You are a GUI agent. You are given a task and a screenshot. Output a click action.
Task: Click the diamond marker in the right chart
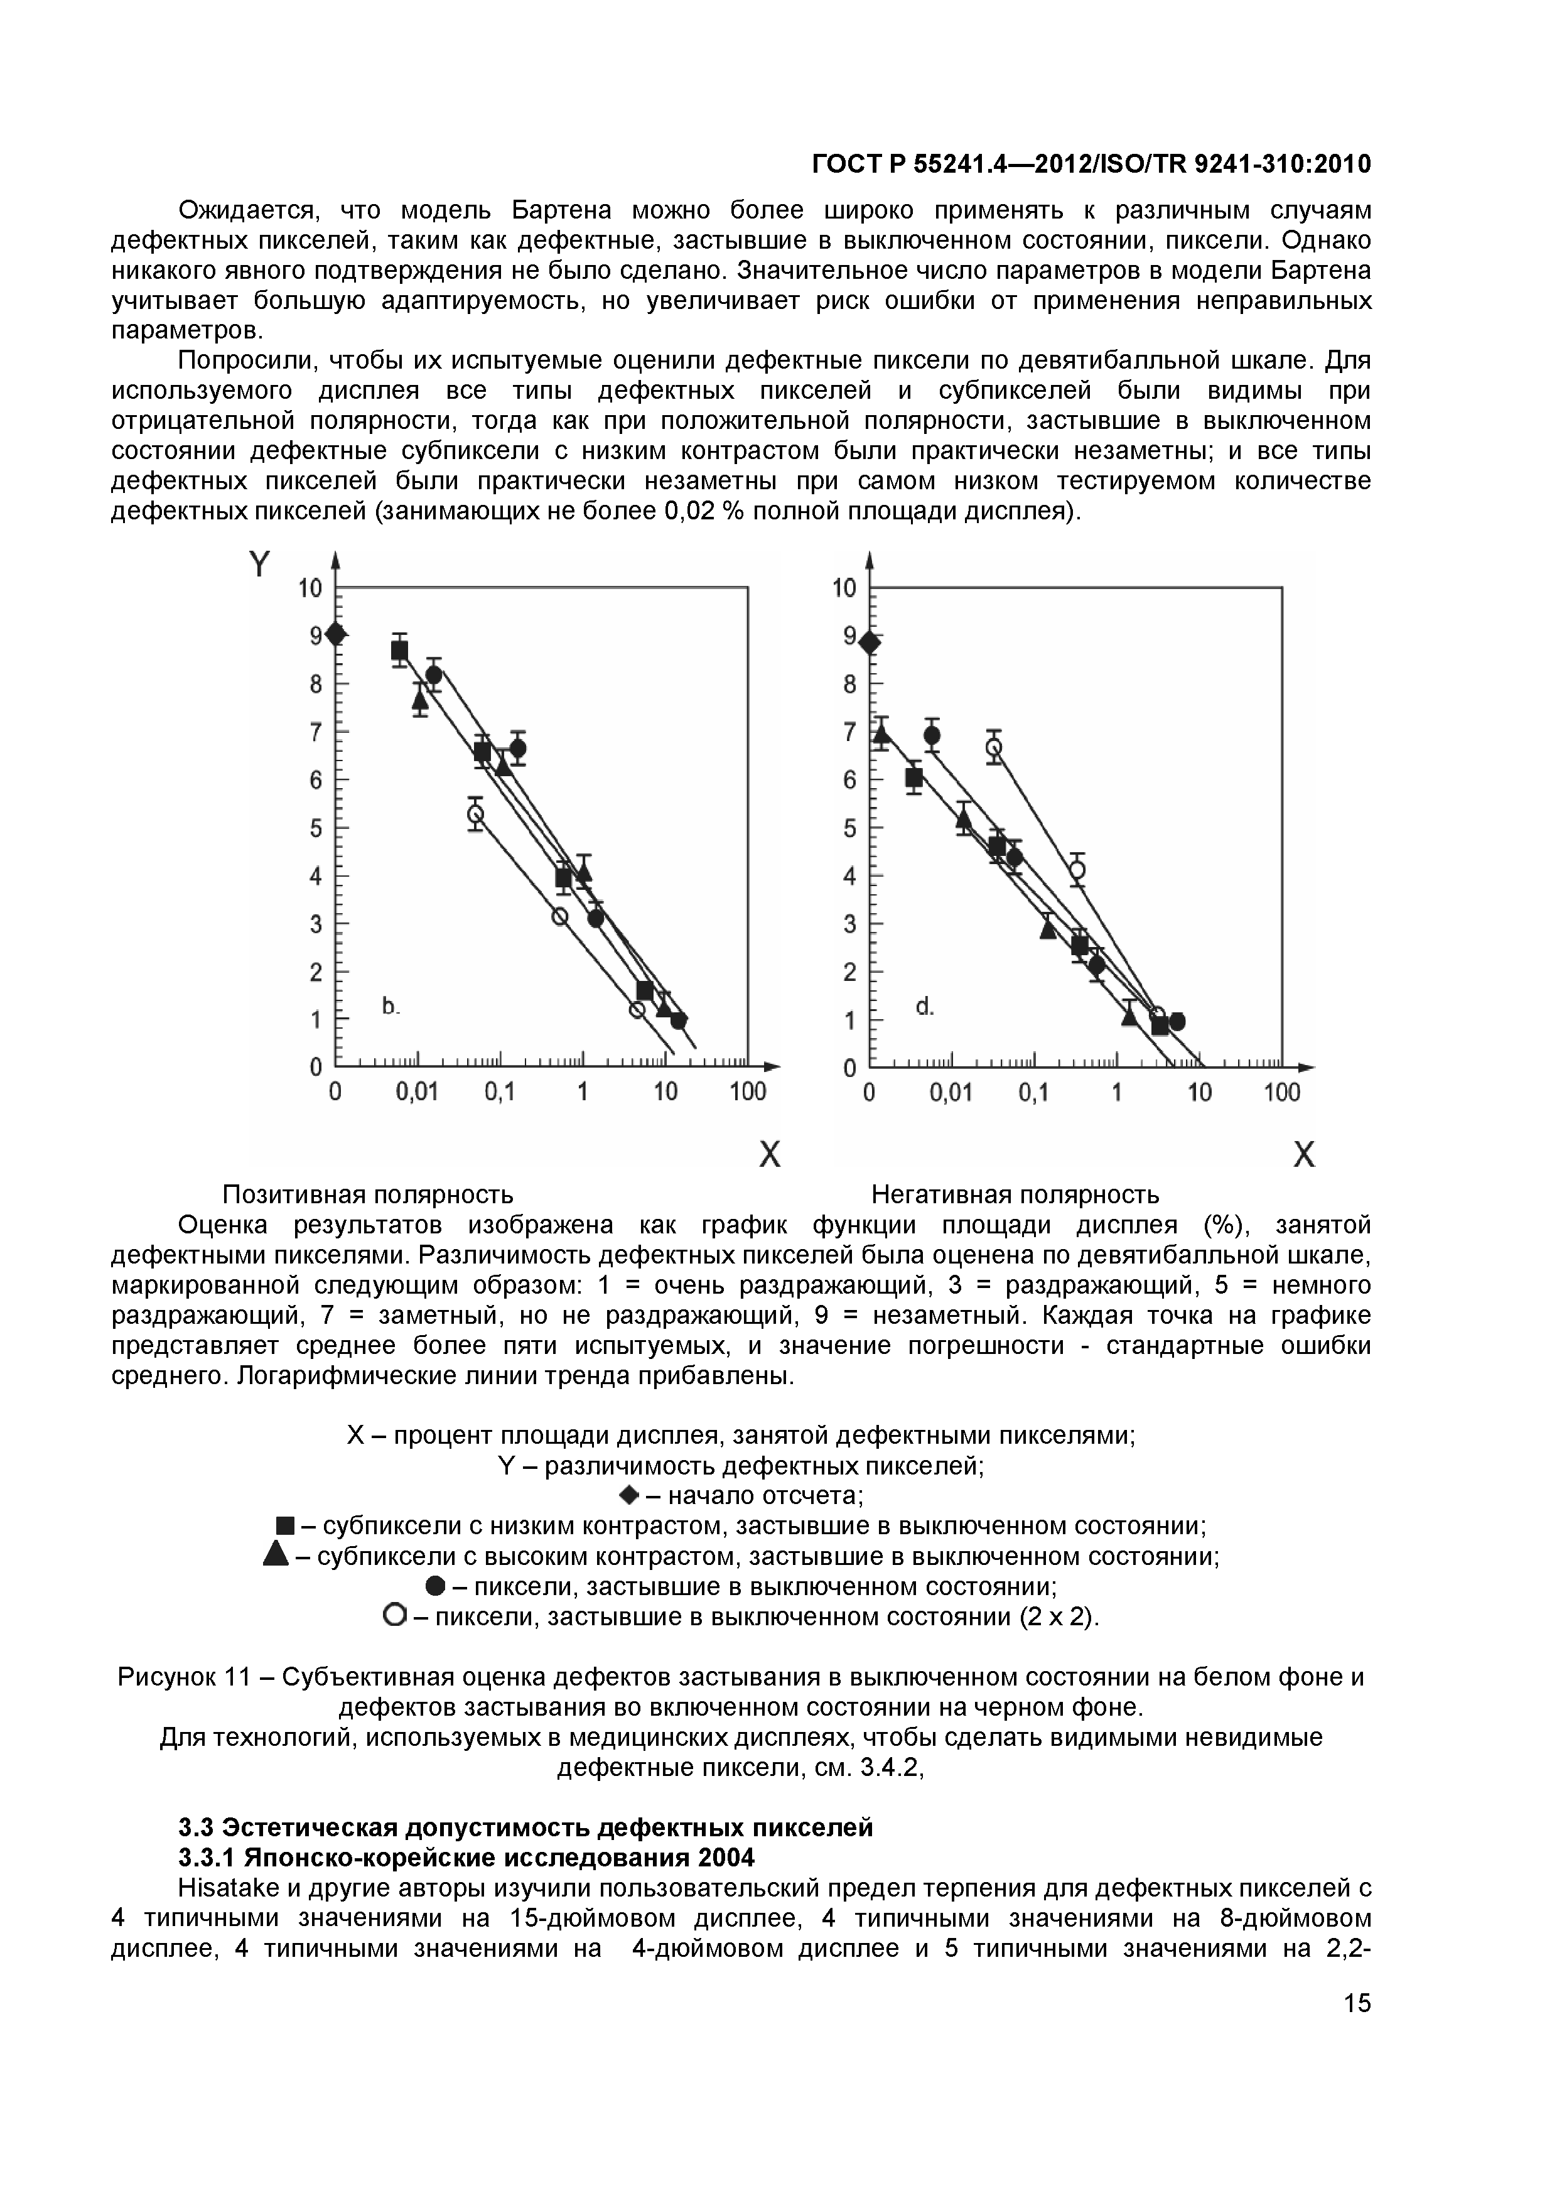869,642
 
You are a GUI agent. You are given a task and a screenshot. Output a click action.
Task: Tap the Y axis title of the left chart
259,564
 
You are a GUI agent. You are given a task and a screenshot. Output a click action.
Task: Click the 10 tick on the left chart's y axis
310,587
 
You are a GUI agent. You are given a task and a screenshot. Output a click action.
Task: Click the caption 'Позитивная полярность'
367,1194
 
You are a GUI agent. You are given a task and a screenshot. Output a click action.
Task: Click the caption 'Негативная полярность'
1015,1194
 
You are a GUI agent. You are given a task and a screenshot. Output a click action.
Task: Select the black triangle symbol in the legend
276,1556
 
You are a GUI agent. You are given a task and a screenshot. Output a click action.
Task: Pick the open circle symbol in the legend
393,1616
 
